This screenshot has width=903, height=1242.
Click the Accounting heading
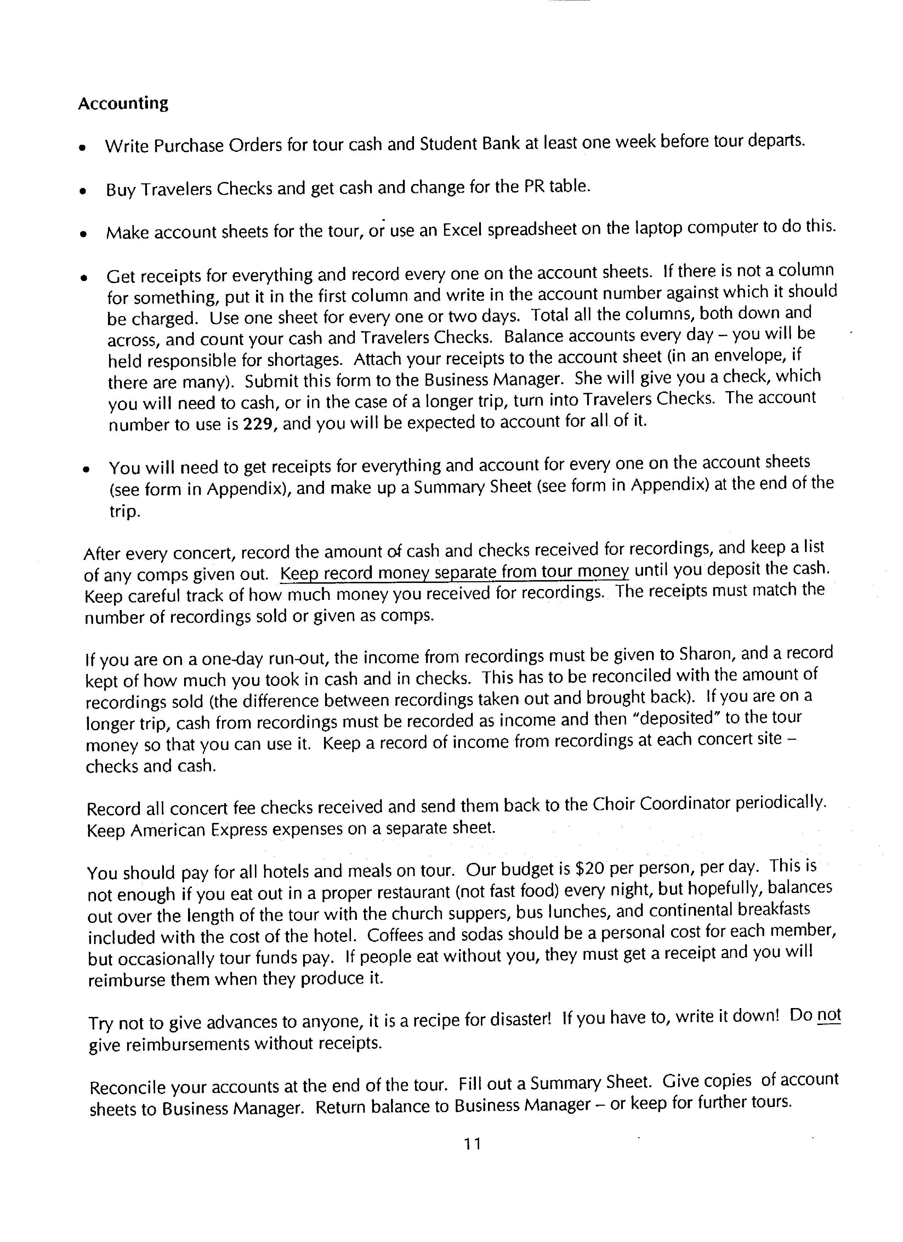[x=123, y=103]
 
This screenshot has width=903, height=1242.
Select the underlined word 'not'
[x=829, y=1016]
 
